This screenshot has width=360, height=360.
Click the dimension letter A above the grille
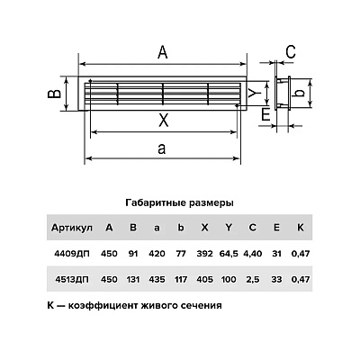click(162, 52)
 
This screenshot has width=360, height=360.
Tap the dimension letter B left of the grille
click(55, 94)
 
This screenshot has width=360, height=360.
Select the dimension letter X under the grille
click(163, 121)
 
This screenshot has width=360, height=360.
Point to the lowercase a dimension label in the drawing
click(162, 148)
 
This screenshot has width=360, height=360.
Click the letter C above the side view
click(291, 52)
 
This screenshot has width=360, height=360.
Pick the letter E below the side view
click(265, 115)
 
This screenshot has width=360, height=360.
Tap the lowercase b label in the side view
click(301, 93)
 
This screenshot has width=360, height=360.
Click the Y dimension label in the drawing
click(255, 94)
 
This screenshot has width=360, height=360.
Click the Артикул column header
click(72, 228)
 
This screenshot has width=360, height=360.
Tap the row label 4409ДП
click(72, 254)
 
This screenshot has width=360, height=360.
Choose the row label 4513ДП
click(72, 280)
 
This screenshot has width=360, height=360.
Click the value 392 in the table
click(204, 254)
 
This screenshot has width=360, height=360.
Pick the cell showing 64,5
click(229, 254)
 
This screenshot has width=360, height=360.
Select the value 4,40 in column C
click(253, 254)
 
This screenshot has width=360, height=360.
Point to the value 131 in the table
click(133, 280)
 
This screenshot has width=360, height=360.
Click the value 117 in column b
click(181, 280)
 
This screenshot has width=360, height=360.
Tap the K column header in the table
click(301, 228)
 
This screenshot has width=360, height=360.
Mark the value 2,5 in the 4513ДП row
click(253, 280)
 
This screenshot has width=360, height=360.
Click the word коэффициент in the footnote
click(101, 306)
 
